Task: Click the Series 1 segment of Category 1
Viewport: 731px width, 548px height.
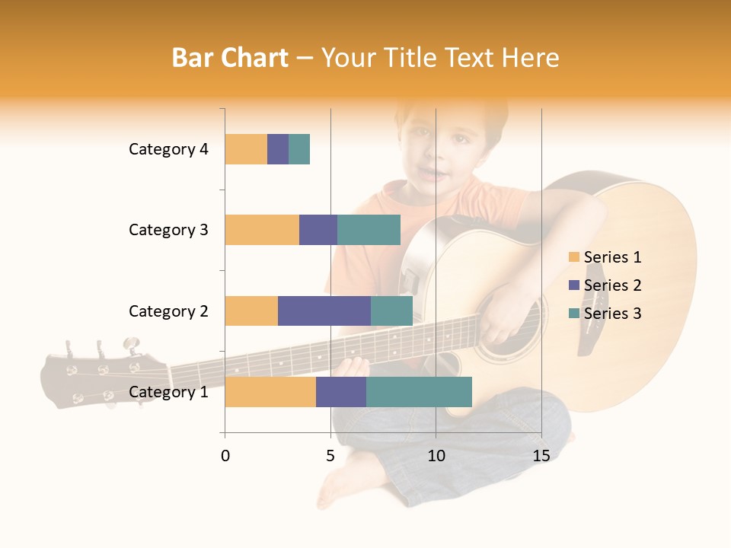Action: [x=270, y=392]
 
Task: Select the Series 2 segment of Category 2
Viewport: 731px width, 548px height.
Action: [x=324, y=311]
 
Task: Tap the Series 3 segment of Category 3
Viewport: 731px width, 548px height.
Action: [x=369, y=230]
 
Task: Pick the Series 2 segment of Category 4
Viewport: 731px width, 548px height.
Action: [x=278, y=149]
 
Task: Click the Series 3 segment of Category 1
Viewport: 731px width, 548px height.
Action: [x=419, y=392]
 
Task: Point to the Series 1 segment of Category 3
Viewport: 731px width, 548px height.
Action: [x=262, y=230]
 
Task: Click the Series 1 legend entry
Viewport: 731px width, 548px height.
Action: [x=605, y=257]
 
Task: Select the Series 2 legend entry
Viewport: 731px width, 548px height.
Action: [x=605, y=285]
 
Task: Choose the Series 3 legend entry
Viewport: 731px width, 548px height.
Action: [x=605, y=314]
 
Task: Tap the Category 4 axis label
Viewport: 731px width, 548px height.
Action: [x=168, y=149]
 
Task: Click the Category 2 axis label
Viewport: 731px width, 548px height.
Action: [x=168, y=311]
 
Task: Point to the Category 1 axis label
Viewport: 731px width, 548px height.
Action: [x=168, y=392]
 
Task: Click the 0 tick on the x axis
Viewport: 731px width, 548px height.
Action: [x=225, y=456]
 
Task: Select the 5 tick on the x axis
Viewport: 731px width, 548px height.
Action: [x=330, y=456]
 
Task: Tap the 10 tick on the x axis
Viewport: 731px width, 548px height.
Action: [x=436, y=456]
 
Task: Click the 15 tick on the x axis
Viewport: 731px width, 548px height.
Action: [x=541, y=456]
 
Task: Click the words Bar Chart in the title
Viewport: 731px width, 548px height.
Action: [x=230, y=58]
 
